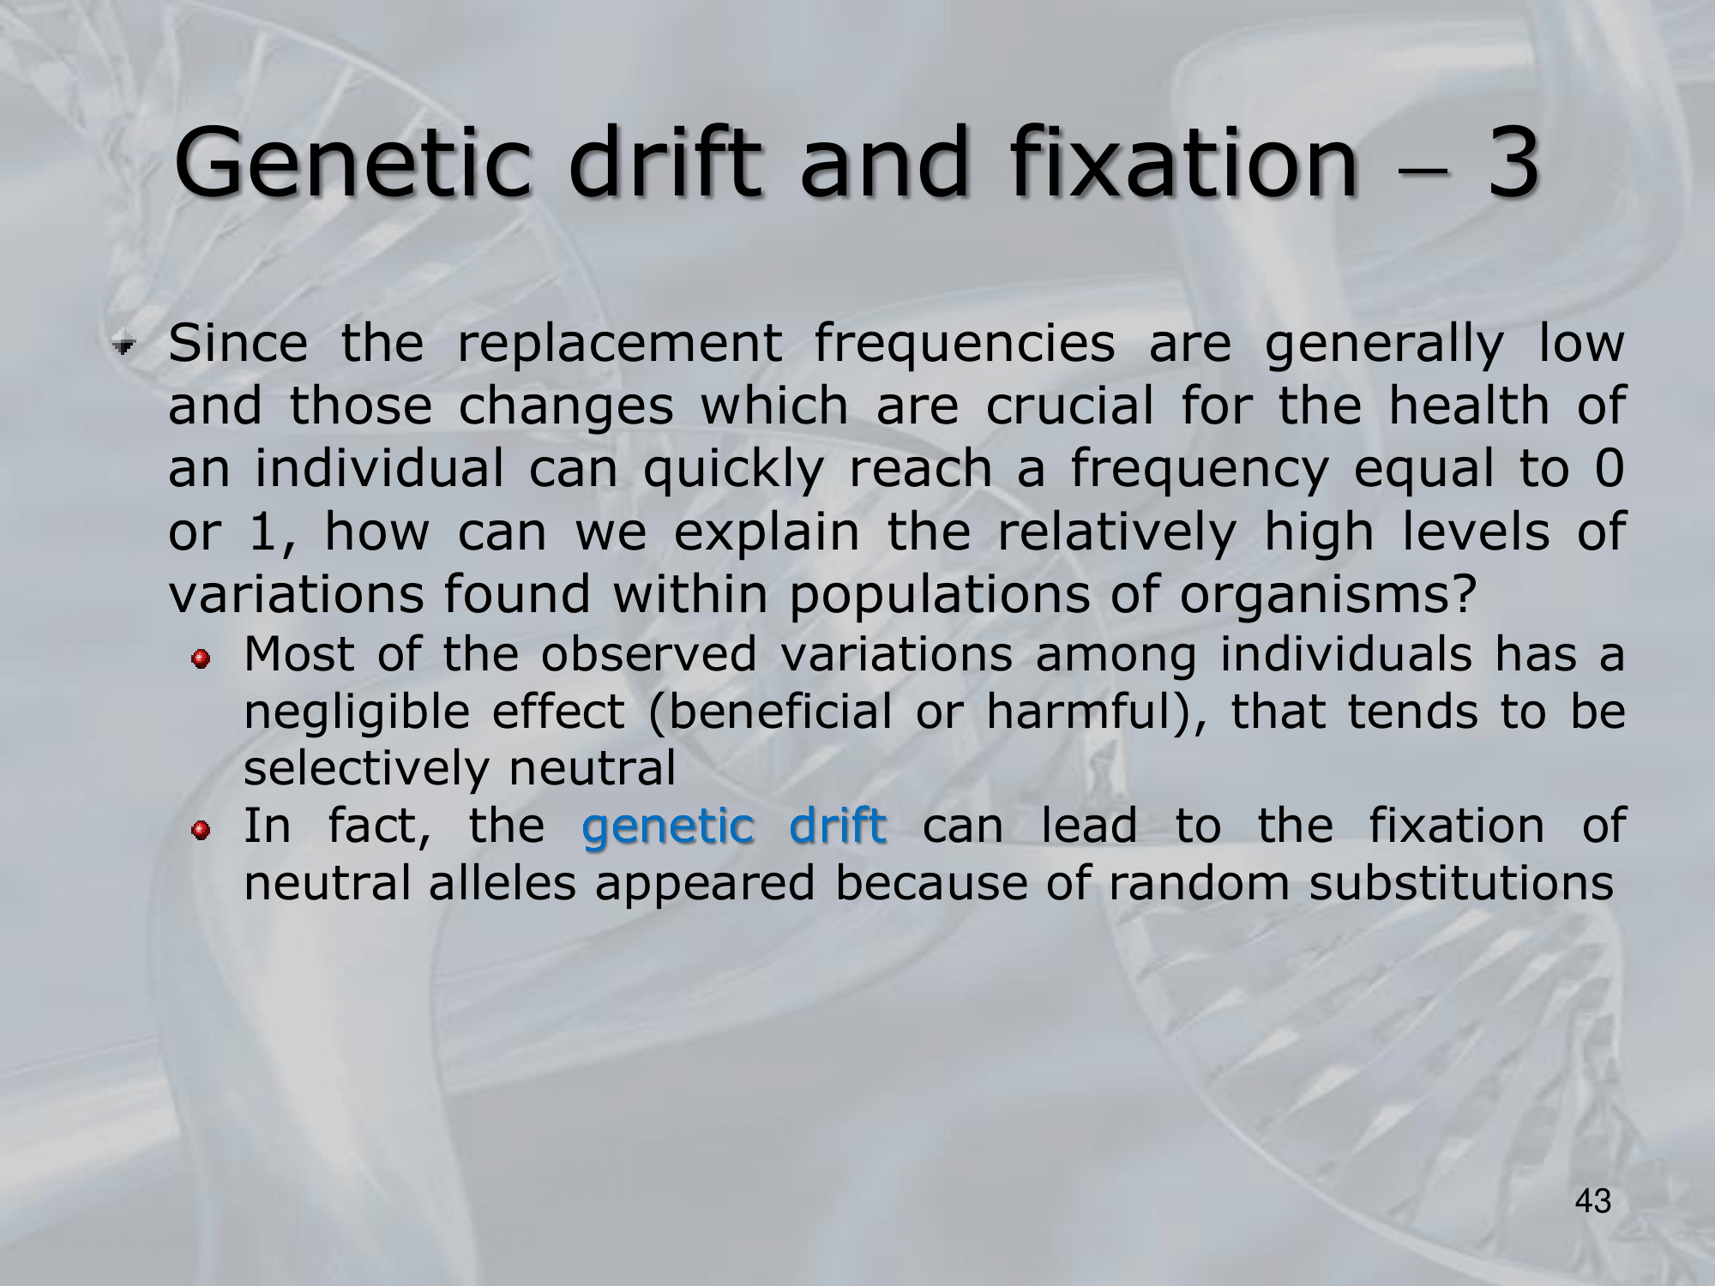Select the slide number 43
(x=1593, y=1202)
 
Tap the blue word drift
(x=838, y=826)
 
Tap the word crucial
(x=1070, y=406)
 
